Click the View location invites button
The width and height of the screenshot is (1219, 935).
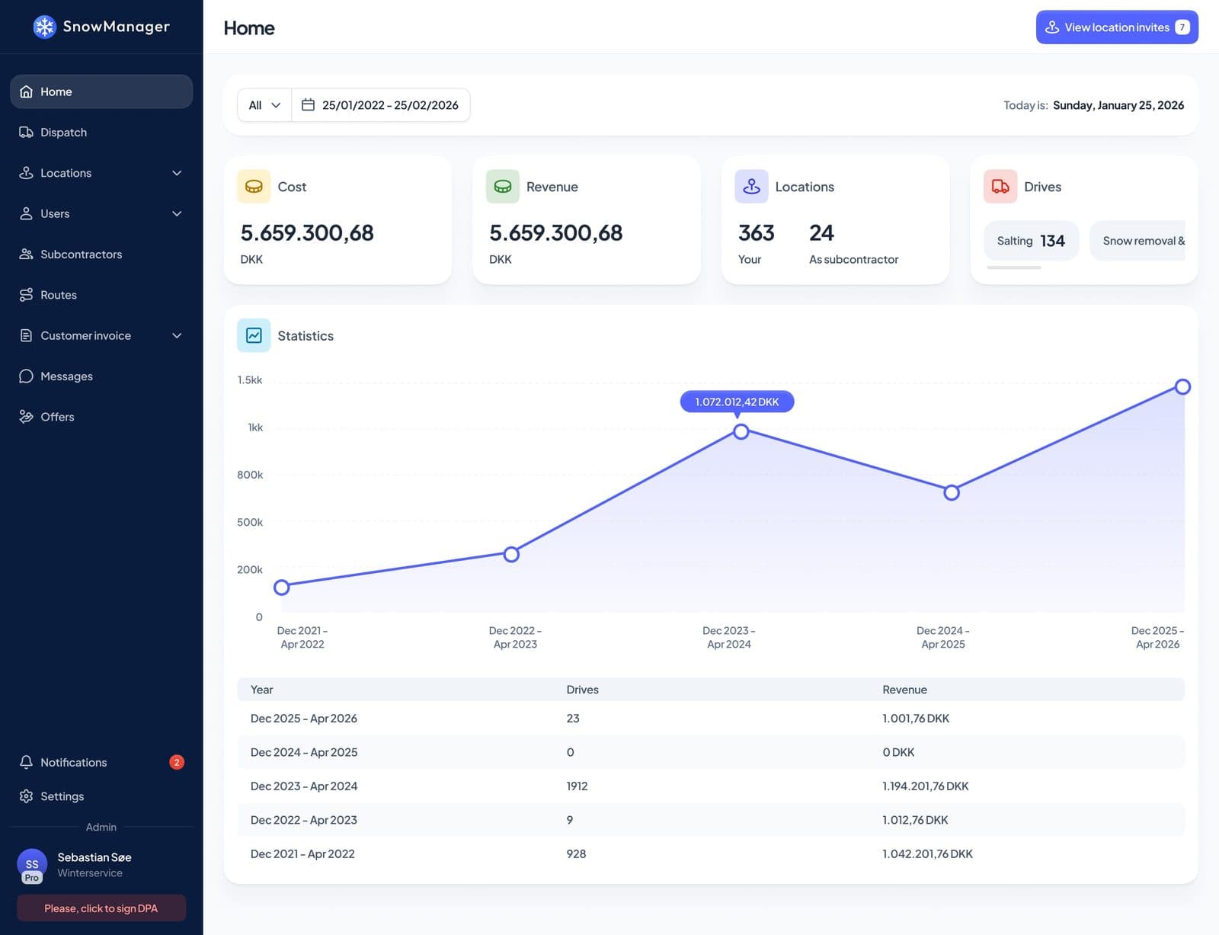click(x=1116, y=27)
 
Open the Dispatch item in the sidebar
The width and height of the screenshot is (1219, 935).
click(x=63, y=133)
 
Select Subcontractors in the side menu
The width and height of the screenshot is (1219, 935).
click(x=81, y=254)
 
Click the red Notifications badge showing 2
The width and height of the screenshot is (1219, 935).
click(x=177, y=762)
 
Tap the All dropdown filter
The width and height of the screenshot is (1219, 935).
click(x=264, y=105)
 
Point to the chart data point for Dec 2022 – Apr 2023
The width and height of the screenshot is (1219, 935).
click(x=511, y=554)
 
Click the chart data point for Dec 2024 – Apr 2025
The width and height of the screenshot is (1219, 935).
click(x=952, y=492)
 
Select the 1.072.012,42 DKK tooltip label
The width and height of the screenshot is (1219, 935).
click(x=737, y=402)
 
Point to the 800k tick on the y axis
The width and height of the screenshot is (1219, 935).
click(x=250, y=475)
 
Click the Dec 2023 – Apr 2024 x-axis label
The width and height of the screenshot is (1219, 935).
click(x=728, y=637)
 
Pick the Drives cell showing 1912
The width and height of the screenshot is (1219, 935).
click(x=577, y=786)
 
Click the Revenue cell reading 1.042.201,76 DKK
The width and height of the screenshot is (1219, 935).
click(x=927, y=853)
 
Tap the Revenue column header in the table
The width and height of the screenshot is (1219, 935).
click(x=904, y=690)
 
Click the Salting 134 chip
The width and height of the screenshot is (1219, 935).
click(x=1031, y=241)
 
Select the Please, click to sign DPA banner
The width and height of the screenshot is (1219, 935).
click(x=101, y=908)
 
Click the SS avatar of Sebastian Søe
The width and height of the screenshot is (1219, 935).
click(x=32, y=865)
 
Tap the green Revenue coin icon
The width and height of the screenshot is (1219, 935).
click(x=502, y=186)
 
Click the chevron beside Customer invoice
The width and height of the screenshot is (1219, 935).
click(x=177, y=335)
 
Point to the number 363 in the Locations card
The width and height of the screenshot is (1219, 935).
click(x=756, y=232)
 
